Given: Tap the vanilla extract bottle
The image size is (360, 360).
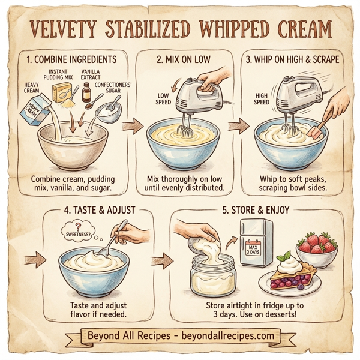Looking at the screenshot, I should pos(86,94).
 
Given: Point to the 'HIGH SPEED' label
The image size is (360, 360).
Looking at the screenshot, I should pos(262,98).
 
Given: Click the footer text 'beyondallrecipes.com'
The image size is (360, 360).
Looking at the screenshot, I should pos(223,335).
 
